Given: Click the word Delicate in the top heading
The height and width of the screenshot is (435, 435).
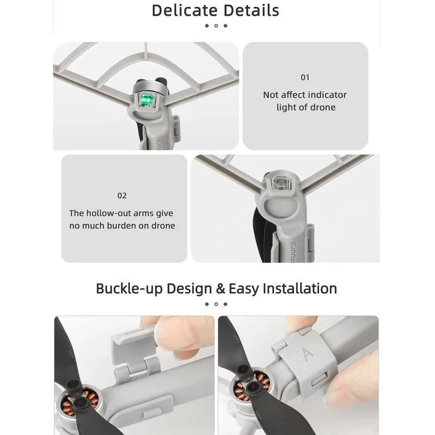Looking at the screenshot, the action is (x=184, y=10).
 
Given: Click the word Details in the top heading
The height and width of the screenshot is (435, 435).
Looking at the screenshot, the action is (x=251, y=10).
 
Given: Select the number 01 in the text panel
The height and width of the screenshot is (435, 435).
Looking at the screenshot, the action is (x=305, y=77).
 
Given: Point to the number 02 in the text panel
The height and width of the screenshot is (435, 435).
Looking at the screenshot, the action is (x=122, y=196).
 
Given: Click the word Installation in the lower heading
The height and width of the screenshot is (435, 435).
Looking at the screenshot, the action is (x=300, y=289).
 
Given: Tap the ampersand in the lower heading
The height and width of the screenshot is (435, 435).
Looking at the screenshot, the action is (x=220, y=289).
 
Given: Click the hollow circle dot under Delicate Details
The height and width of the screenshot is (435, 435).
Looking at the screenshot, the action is (x=216, y=26).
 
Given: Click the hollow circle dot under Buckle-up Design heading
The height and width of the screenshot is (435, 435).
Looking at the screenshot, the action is (x=216, y=304).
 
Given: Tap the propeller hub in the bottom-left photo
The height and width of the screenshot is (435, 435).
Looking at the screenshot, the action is (x=80, y=402).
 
